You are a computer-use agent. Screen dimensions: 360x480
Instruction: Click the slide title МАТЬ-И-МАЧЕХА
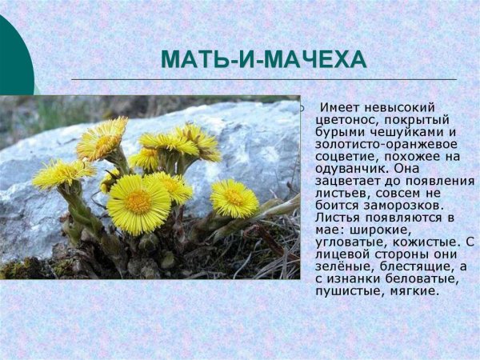pyautogui.click(x=263, y=60)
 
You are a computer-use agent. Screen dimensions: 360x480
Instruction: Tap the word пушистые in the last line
pyautogui.click(x=348, y=290)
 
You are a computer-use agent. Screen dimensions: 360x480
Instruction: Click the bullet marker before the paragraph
pyautogui.click(x=302, y=108)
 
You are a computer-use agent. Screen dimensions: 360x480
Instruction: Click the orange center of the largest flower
pyautogui.click(x=139, y=202)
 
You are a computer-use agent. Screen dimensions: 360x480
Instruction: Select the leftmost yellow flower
pyautogui.click(x=61, y=172)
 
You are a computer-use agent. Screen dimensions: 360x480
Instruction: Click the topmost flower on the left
pyautogui.click(x=102, y=138)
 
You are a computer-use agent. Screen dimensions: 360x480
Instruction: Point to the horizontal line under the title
pyautogui.click(x=264, y=79)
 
